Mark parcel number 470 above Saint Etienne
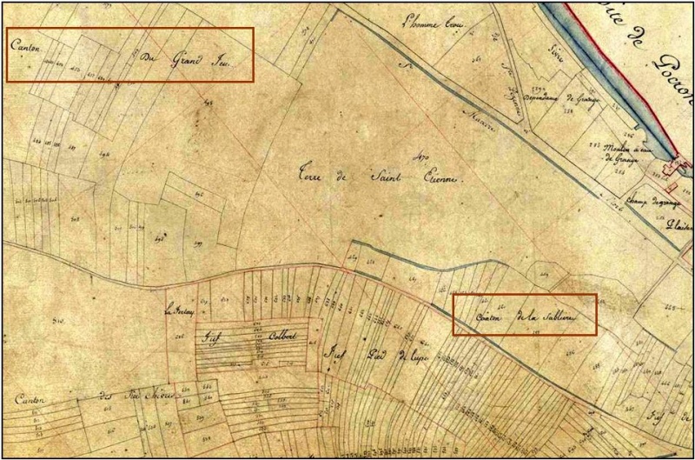click(423, 157)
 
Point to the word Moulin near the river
click(617, 150)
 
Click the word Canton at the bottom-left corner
click(32, 398)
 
